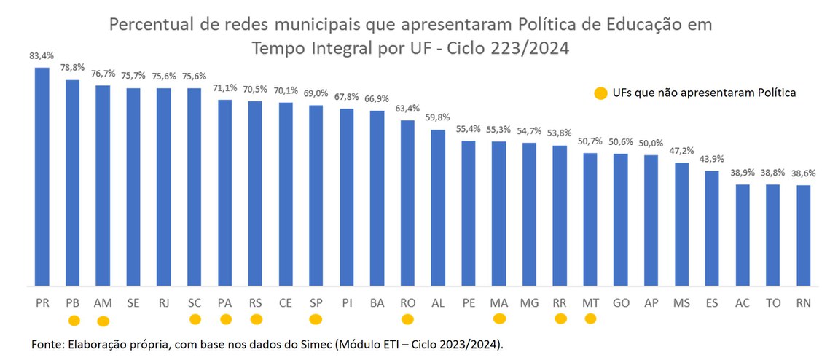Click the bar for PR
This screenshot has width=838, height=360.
(x=42, y=176)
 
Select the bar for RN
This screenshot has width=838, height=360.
(x=803, y=235)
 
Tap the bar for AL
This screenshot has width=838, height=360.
(x=438, y=208)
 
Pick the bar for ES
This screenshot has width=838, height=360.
(x=712, y=228)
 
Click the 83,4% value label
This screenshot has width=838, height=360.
(x=42, y=55)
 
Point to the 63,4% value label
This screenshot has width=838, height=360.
(x=407, y=109)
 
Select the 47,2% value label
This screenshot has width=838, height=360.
(x=681, y=151)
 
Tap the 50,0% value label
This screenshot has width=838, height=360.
(x=651, y=144)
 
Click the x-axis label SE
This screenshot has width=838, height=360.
(x=133, y=302)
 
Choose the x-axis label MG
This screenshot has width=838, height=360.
(x=529, y=302)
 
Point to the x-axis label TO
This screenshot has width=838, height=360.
(x=772, y=302)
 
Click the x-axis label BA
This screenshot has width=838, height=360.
(x=377, y=302)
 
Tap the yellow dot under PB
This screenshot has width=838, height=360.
(x=73, y=320)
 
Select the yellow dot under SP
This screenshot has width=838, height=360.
(x=316, y=318)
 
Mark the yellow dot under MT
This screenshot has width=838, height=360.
(x=590, y=318)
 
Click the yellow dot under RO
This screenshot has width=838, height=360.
(x=407, y=318)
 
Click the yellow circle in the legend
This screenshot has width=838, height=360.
(x=600, y=93)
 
